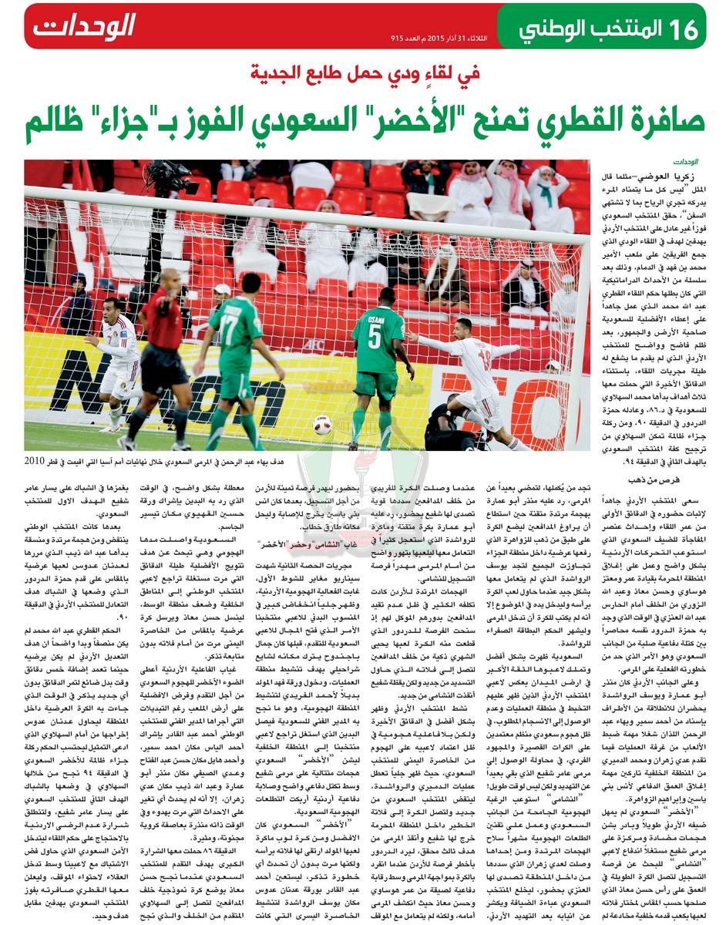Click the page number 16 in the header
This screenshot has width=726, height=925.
(x=683, y=29)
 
